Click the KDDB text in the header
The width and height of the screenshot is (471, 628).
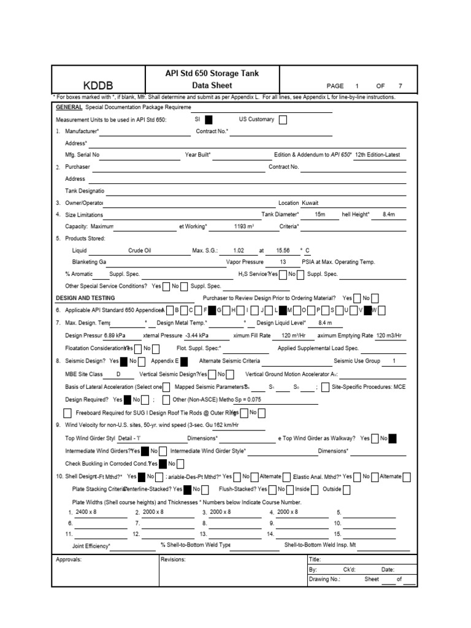pos(98,85)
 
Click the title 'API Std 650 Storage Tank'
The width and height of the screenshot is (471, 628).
pos(212,73)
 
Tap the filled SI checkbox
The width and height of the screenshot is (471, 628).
pos(209,120)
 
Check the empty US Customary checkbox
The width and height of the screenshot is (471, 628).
pos(283,120)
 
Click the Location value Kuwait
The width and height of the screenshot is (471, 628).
pos(310,202)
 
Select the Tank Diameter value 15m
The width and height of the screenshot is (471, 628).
pos(320,215)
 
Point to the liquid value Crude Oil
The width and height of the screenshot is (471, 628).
pos(139,250)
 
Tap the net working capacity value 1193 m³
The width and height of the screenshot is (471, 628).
pos(243,226)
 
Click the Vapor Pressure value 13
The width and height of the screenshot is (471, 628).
pos(282,262)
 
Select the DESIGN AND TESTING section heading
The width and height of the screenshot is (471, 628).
pos(85,297)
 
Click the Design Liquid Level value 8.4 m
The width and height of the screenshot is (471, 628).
pos(325,322)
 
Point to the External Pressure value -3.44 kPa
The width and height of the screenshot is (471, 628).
pos(196,336)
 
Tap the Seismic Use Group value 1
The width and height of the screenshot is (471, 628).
pos(394,361)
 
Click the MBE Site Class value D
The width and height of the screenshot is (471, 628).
pos(118,373)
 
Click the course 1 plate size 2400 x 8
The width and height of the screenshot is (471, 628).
pos(86,511)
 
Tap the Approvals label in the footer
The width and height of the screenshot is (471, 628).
pos(69,559)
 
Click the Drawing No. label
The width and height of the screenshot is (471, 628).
pos(324,579)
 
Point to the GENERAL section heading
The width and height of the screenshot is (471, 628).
pos(69,107)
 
